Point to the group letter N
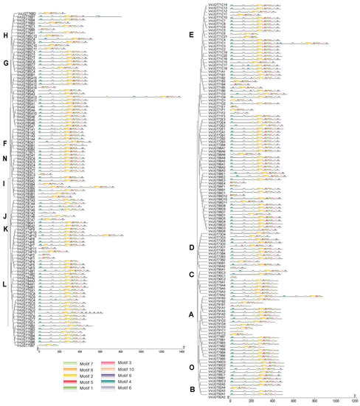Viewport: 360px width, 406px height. (x=6, y=158)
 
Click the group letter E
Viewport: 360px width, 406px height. (x=192, y=35)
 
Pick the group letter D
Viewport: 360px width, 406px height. (x=192, y=247)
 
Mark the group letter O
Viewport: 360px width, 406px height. (x=192, y=367)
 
